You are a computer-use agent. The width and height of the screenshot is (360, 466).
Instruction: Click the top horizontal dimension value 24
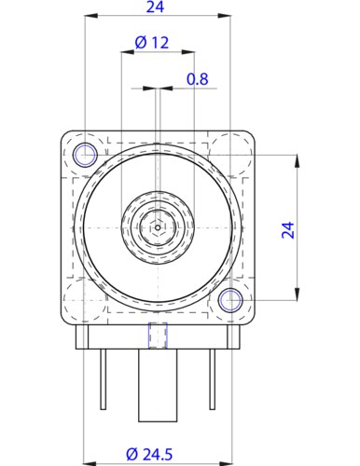click(155, 7)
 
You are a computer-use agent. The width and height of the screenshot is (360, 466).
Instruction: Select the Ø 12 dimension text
click(152, 43)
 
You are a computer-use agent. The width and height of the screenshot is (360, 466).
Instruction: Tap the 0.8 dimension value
click(197, 79)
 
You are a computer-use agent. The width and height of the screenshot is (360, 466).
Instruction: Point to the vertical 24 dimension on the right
click(288, 230)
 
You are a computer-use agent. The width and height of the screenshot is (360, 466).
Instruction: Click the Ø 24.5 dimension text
click(149, 455)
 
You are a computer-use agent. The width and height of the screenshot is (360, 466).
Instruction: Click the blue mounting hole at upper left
click(85, 155)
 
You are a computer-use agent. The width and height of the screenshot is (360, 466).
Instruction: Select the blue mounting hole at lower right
click(230, 300)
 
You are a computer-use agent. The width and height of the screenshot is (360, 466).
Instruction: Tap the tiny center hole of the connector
click(158, 227)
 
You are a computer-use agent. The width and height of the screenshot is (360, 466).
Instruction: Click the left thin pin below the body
click(103, 379)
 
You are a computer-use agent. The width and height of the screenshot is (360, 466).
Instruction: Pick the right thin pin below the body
click(212, 379)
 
